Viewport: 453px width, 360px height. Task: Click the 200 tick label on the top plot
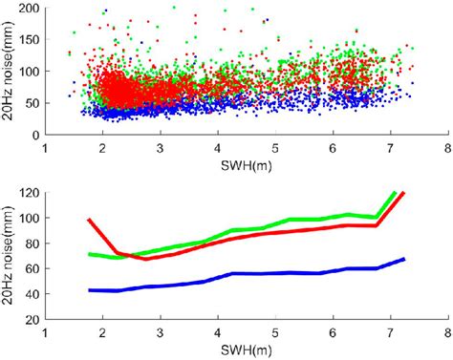click(30, 9)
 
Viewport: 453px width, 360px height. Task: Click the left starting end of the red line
click(89, 220)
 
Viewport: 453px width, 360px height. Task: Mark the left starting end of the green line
click(89, 254)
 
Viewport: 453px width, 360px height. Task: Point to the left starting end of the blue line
click(89, 289)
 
